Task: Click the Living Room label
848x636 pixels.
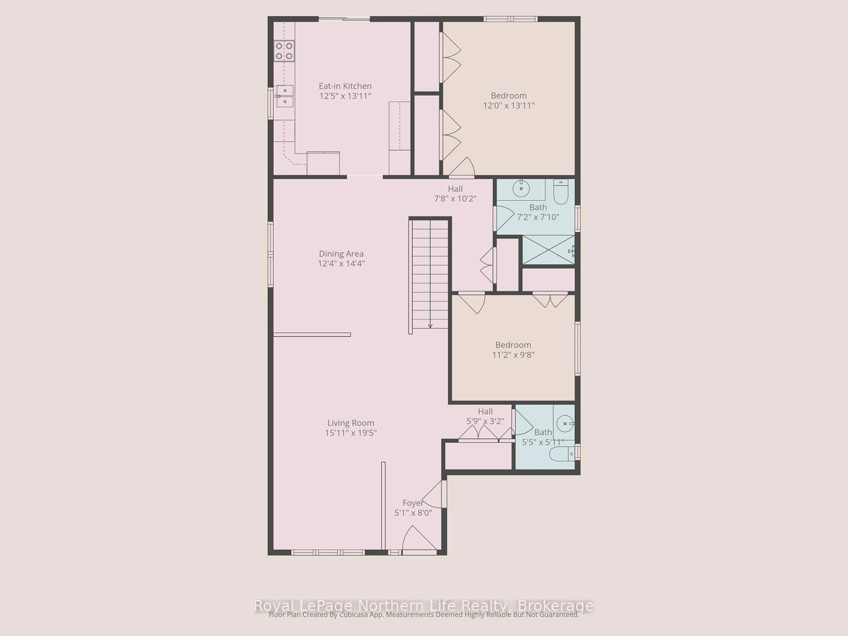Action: point(350,423)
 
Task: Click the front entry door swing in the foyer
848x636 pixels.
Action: point(418,540)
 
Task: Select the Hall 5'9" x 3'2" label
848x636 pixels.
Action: point(485,416)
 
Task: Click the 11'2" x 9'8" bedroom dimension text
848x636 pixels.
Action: point(513,355)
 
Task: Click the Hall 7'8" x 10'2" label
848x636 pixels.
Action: point(455,194)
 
